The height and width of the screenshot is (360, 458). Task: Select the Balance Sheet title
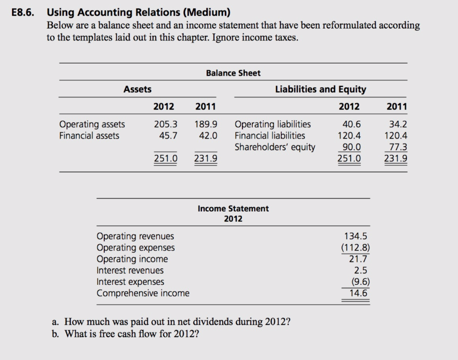[x=233, y=73]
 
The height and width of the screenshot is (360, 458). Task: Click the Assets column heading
[x=137, y=89]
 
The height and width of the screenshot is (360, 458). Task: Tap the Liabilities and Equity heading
[x=320, y=89]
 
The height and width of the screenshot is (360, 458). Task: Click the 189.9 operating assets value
[x=206, y=124]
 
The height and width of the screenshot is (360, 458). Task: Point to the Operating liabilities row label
[x=272, y=124]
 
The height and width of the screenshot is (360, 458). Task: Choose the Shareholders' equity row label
[x=275, y=147]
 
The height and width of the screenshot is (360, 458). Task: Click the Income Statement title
[x=233, y=209]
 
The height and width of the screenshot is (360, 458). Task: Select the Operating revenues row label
[x=135, y=236]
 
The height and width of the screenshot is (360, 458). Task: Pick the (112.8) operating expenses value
[x=356, y=248]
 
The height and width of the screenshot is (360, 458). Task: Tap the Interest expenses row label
[x=130, y=282]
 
